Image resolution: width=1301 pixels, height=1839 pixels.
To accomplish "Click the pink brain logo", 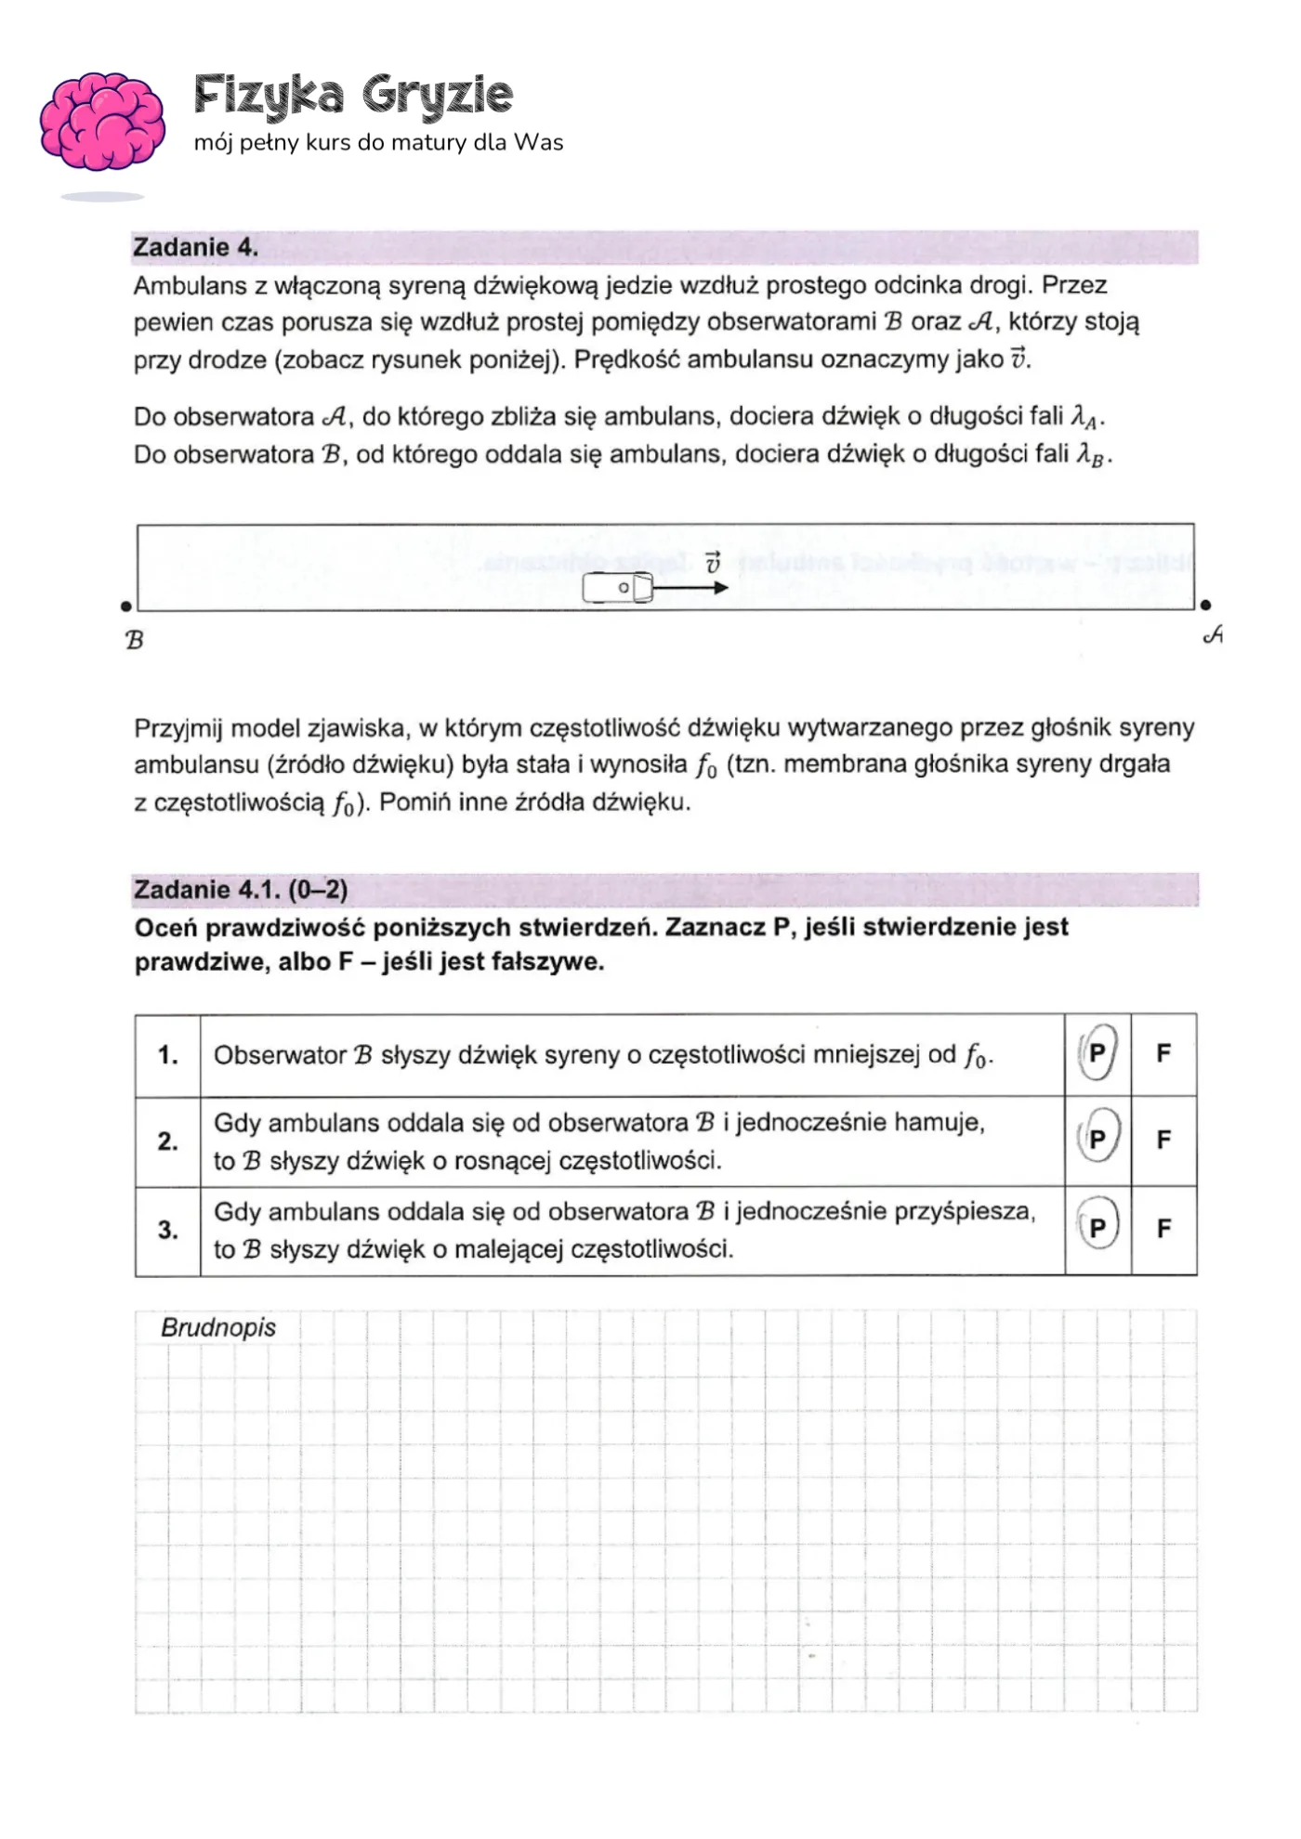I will click(102, 122).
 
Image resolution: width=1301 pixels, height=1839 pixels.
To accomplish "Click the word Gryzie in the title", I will click(437, 95).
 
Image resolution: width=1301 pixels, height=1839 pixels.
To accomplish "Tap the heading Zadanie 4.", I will click(195, 247).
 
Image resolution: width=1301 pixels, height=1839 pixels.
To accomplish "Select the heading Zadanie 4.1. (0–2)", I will click(241, 890).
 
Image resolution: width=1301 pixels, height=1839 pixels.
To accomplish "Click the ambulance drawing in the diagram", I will click(617, 588).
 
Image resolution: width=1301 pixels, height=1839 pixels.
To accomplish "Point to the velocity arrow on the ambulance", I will click(690, 587).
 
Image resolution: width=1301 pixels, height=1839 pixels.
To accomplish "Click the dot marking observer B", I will click(125, 606).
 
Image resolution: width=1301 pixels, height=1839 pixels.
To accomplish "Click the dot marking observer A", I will click(1205, 606).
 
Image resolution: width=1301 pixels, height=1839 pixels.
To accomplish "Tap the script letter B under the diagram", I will click(135, 640).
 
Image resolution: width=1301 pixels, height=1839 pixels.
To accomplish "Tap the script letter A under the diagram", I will click(1213, 635).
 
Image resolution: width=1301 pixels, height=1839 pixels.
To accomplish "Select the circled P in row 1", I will click(1097, 1053).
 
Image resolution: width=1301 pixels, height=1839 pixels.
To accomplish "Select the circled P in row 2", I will click(1097, 1139).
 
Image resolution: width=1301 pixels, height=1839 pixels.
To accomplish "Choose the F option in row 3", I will click(1163, 1229).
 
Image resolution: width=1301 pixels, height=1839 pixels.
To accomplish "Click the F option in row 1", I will click(1163, 1053).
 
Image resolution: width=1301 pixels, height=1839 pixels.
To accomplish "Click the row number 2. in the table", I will click(167, 1141).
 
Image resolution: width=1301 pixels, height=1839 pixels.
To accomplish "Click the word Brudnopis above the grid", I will click(218, 1327).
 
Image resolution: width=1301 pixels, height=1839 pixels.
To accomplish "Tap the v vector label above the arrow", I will click(713, 563).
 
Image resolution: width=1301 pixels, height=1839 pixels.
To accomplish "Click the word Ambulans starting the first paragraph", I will click(190, 285).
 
